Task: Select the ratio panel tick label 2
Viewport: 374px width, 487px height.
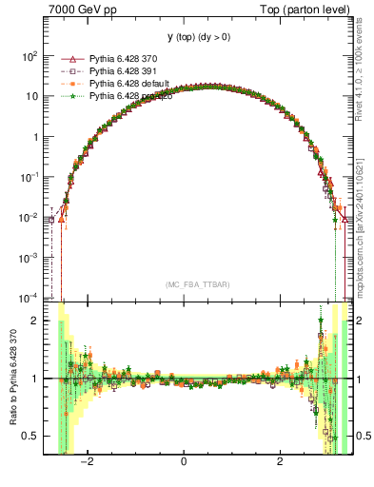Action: (35, 321)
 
